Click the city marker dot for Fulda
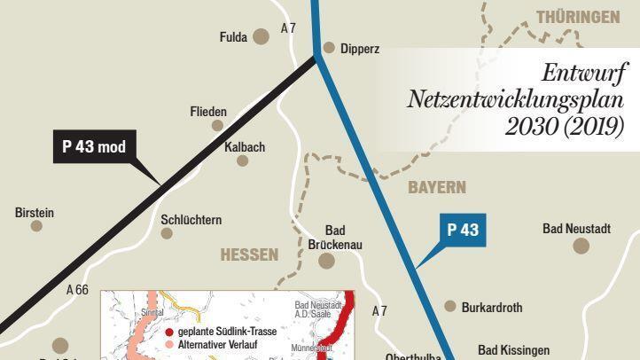(261, 36)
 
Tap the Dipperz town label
(358, 49)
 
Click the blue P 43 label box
(463, 230)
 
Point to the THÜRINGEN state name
(577, 17)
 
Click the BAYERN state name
(436, 188)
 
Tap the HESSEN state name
(249, 254)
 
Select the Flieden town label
(208, 112)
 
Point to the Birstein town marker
(36, 226)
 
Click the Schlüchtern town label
(191, 219)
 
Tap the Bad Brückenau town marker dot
(327, 261)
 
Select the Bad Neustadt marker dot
(581, 245)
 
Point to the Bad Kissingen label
(513, 350)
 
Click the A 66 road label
(77, 289)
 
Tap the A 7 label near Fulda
(288, 28)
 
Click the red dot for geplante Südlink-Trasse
(169, 331)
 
